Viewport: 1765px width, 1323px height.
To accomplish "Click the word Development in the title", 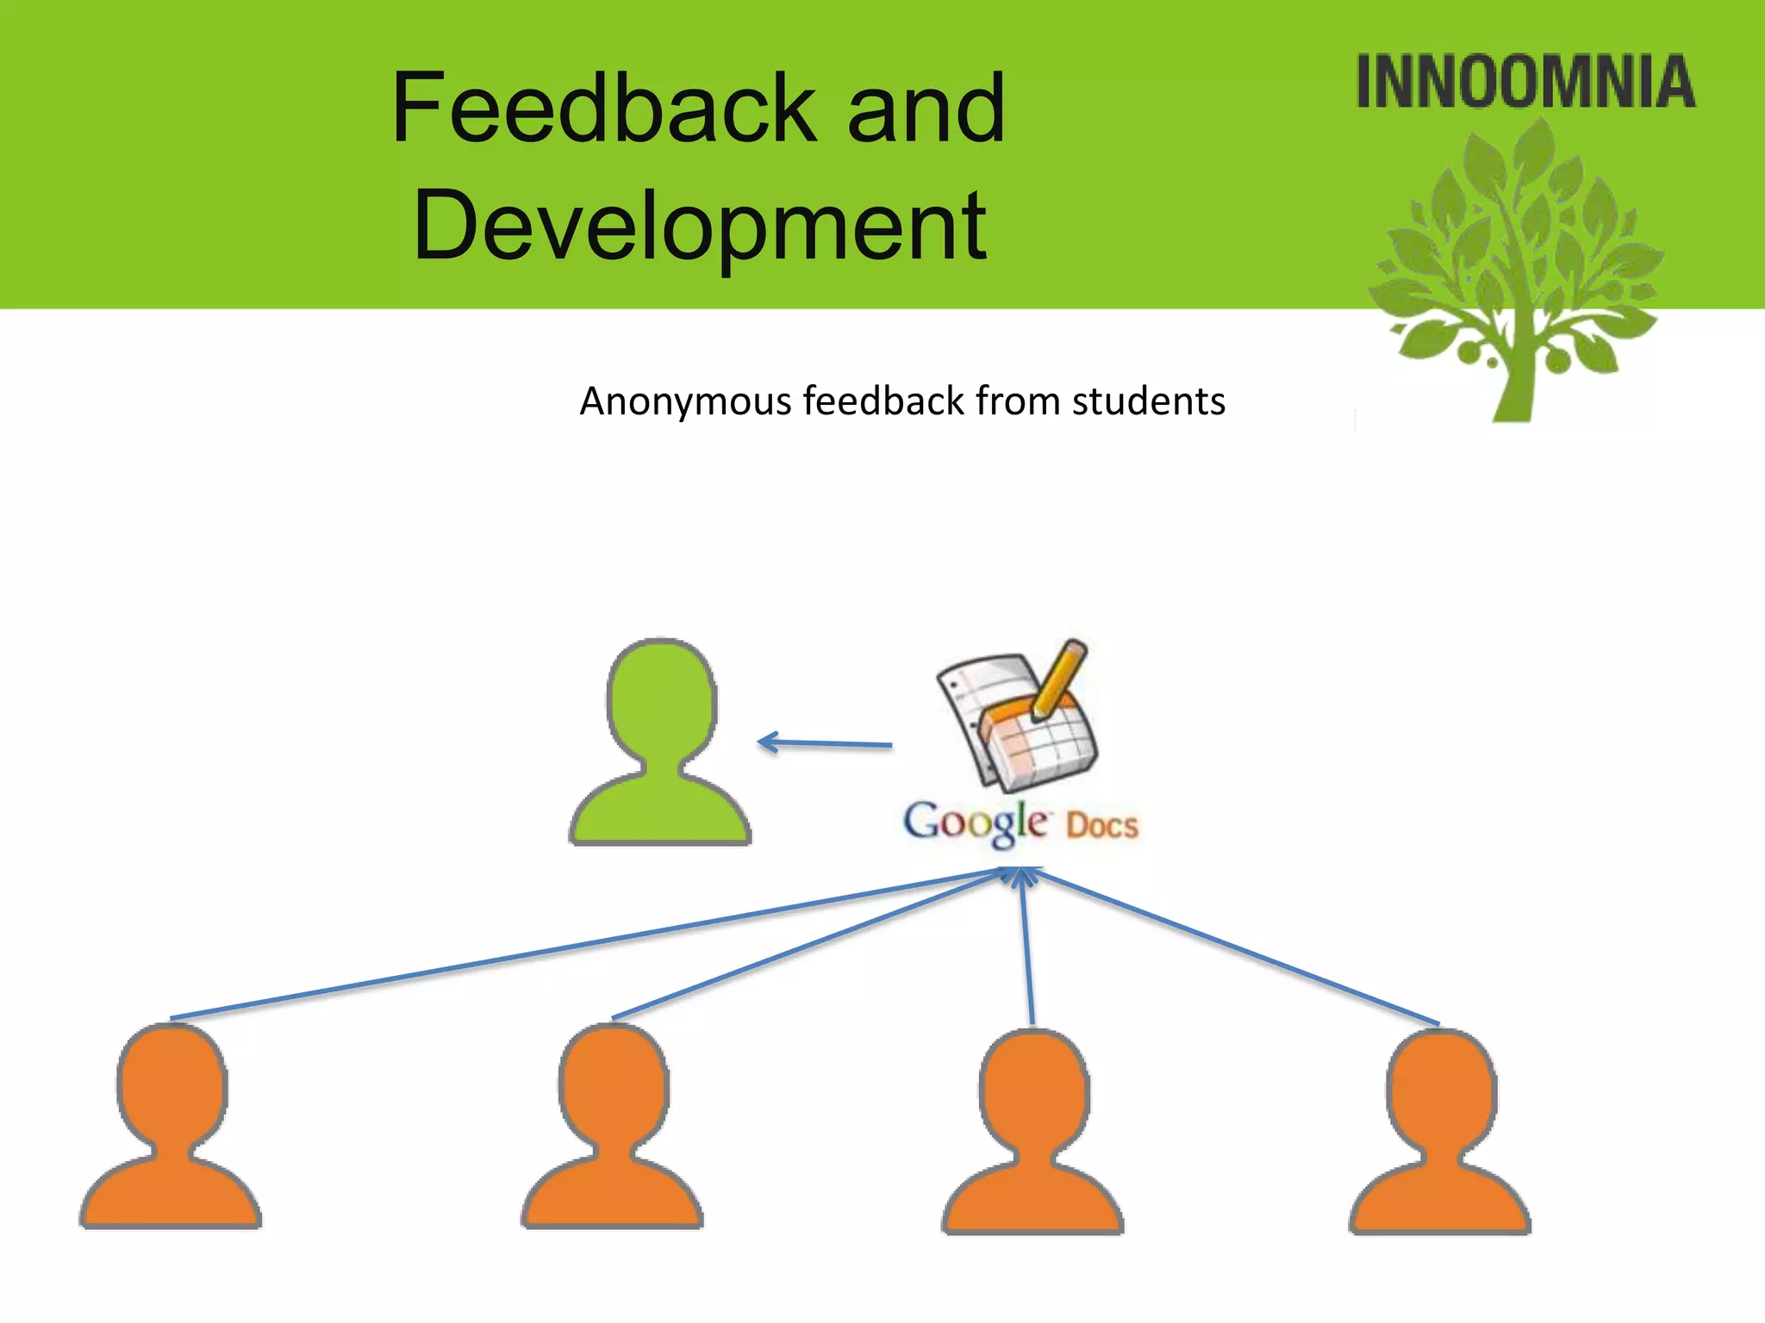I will click(x=700, y=227).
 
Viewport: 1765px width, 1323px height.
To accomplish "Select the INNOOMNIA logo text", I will click(x=1525, y=82).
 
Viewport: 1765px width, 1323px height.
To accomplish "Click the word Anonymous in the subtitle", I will click(x=685, y=401).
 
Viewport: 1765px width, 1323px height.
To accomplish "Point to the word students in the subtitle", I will click(x=1148, y=401).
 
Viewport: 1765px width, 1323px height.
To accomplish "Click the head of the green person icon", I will click(x=661, y=702).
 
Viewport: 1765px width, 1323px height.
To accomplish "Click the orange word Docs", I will click(x=1102, y=825).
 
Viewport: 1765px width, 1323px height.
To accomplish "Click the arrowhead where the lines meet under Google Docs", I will click(x=1022, y=877).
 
